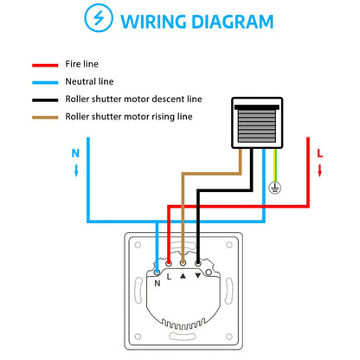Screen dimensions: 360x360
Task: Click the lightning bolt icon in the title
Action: tap(99, 18)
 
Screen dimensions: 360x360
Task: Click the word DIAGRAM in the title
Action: tap(232, 22)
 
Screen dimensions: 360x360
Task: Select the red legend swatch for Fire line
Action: tap(45, 65)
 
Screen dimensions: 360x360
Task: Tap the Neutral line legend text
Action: tap(89, 81)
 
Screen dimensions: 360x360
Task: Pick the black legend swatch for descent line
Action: tap(45, 100)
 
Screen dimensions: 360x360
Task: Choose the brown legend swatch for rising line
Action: tap(45, 118)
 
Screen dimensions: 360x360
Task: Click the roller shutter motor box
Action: tap(257, 123)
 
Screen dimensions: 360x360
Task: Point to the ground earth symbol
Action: tap(275, 188)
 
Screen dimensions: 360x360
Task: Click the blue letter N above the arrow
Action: tap(75, 153)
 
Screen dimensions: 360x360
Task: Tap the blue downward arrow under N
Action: tap(76, 170)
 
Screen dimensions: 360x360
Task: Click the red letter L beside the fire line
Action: tap(320, 153)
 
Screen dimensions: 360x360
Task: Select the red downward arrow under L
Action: tap(319, 170)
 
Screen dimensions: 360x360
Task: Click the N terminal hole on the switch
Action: tap(157, 272)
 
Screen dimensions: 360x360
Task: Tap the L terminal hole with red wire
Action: tap(169, 263)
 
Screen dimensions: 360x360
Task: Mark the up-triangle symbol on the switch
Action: tap(183, 276)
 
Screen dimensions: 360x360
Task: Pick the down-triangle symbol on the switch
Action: tap(198, 276)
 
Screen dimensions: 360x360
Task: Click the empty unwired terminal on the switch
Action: tap(209, 272)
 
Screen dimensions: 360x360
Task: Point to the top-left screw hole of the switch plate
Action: tap(138, 245)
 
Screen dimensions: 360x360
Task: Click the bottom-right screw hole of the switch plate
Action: tap(229, 337)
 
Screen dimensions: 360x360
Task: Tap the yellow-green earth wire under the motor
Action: tap(275, 165)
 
